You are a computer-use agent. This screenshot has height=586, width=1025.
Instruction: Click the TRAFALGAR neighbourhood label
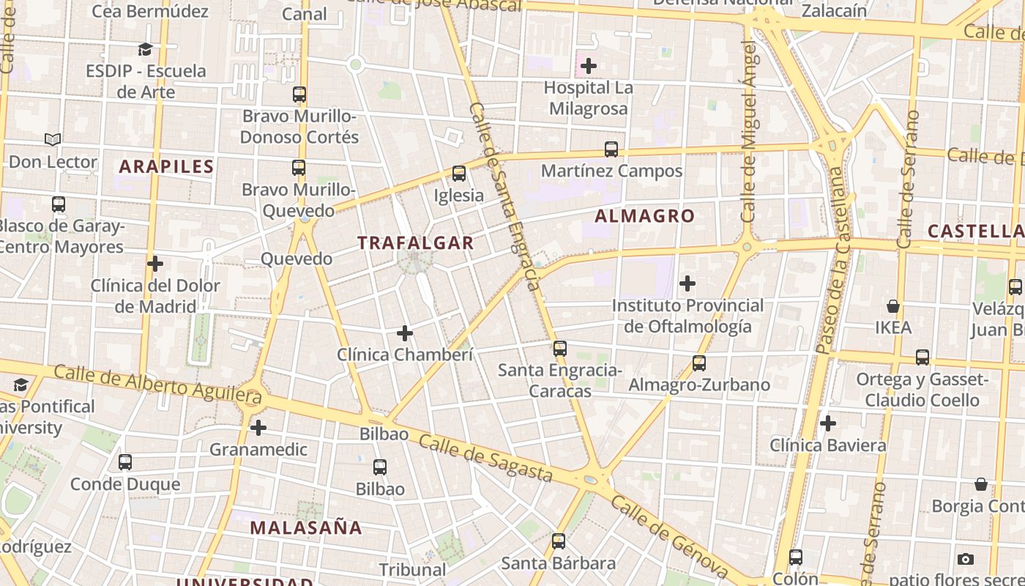415,243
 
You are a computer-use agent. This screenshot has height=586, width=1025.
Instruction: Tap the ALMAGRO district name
644,216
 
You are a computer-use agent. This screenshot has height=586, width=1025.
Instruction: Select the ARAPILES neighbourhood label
166,166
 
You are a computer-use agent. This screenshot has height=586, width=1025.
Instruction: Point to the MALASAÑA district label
306,527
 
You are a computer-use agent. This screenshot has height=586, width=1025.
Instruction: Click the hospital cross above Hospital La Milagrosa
589,67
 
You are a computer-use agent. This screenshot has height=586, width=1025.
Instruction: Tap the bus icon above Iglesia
459,174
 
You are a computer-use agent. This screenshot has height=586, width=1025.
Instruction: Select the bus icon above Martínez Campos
611,149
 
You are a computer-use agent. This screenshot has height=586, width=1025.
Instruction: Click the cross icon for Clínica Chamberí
405,334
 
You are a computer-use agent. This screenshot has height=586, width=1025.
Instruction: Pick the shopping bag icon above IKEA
893,306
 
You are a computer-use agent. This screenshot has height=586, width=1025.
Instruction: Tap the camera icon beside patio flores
966,560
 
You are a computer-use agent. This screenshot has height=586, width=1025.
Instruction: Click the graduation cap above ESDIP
146,50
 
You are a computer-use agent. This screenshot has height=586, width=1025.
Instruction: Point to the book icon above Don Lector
53,139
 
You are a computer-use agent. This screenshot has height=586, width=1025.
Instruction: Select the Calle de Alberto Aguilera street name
157,385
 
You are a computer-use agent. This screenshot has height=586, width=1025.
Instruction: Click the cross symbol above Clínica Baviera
828,423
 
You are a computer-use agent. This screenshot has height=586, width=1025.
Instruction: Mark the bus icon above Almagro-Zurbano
699,363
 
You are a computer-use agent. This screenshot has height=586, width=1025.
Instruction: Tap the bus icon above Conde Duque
125,462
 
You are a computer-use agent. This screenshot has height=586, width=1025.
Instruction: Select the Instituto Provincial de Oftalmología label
687,316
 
